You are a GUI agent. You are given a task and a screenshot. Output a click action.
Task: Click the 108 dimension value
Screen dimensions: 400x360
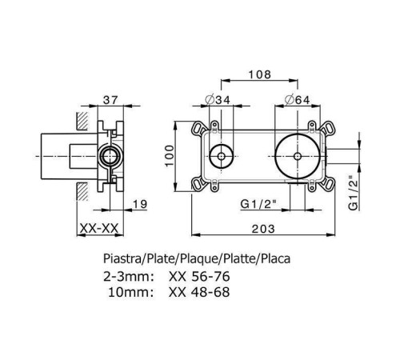point(259,74)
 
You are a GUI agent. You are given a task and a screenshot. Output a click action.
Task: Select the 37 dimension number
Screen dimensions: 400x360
point(110,100)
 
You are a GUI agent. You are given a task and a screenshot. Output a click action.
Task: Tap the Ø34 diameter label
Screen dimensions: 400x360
point(218,100)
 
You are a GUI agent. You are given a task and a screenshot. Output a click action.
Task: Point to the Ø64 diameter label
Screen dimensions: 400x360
point(297,100)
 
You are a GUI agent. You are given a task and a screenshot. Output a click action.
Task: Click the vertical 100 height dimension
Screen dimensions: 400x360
point(169,156)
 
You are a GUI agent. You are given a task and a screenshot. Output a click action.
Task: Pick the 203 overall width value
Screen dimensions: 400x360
point(263,229)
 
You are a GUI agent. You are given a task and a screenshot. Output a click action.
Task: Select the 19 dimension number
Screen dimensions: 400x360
point(140,204)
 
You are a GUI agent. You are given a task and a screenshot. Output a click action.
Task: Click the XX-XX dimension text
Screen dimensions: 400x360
point(99,229)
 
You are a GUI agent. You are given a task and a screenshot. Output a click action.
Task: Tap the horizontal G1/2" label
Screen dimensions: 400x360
point(258,204)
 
